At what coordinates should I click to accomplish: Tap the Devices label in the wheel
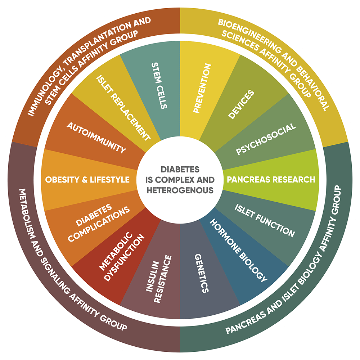[241, 104]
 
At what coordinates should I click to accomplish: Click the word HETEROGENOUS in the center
[180, 190]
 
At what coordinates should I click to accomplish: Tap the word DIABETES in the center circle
[180, 169]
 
